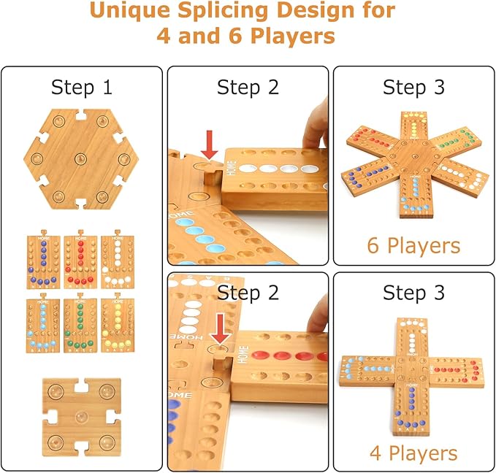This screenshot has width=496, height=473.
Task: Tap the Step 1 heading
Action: coord(82,88)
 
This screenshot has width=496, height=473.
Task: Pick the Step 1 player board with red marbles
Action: coord(80,261)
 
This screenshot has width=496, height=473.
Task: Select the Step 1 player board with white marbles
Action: coord(116,261)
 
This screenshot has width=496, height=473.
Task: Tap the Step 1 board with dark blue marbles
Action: coord(44,261)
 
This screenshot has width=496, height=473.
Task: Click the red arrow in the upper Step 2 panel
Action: coord(210,142)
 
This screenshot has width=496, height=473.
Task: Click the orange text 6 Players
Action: coord(413,245)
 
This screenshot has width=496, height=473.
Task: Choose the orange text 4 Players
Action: coord(413,453)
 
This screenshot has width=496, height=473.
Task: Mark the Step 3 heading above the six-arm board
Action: coord(413,88)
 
